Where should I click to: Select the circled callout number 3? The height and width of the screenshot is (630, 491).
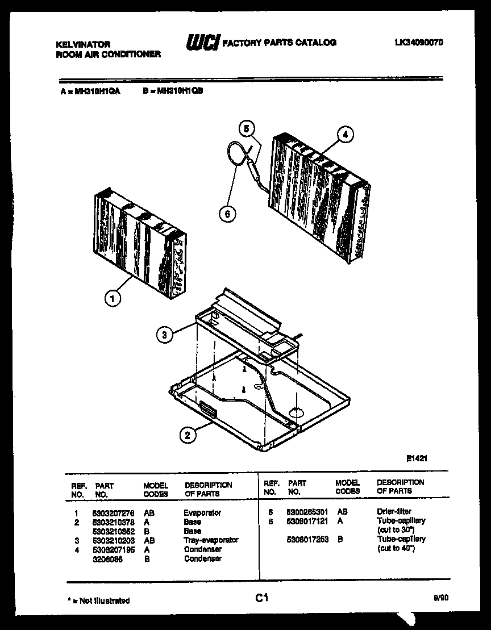click(x=164, y=335)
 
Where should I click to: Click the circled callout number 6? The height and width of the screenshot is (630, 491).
click(x=227, y=214)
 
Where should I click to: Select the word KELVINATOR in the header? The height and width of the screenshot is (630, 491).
click(x=83, y=44)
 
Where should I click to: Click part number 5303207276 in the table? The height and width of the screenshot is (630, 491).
click(x=114, y=512)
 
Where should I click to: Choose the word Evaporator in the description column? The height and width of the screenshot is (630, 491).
click(x=202, y=512)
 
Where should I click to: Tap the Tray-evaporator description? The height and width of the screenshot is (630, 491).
click(x=211, y=540)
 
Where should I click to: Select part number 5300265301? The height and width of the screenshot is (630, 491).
click(x=307, y=511)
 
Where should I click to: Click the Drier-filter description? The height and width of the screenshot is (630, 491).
click(x=394, y=511)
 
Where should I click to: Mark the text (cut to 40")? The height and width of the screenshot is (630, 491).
click(x=396, y=548)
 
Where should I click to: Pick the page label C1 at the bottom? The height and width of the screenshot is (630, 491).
click(x=261, y=598)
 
